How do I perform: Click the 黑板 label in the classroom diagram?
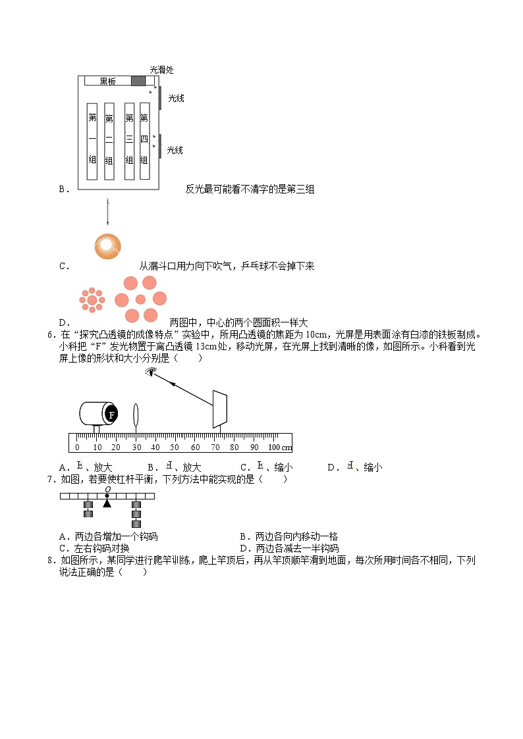[x=107, y=81]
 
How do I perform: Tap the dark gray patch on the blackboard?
[x=138, y=81]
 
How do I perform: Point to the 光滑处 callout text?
[x=161, y=69]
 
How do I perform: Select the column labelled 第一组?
[x=92, y=141]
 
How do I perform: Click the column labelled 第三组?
[x=129, y=141]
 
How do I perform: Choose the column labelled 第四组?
[x=144, y=141]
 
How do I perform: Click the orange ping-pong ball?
[x=107, y=245]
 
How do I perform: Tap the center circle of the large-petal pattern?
[x=140, y=300]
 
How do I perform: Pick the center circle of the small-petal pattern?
[x=92, y=300]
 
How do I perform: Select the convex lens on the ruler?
[x=136, y=416]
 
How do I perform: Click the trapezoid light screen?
[x=220, y=409]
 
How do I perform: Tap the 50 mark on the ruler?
[x=175, y=447]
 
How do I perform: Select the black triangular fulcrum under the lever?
[x=107, y=504]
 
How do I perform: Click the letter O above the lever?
[x=107, y=489]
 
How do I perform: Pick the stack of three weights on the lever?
[x=136, y=513]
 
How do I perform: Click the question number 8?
[x=51, y=561]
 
